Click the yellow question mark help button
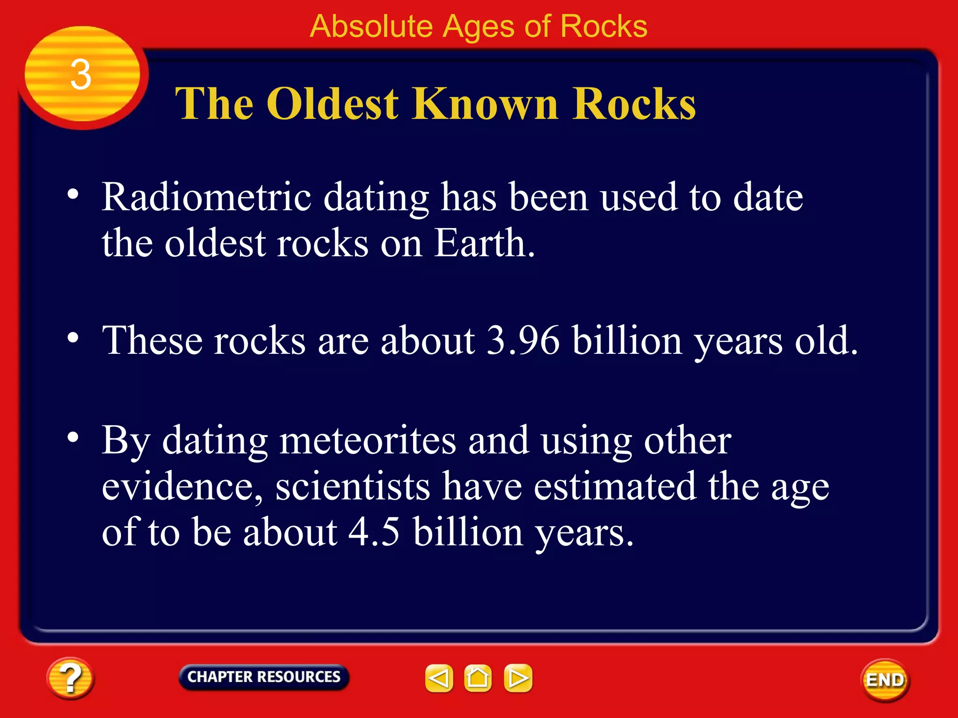[x=70, y=677]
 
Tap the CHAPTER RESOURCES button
[x=264, y=677]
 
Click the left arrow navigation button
[x=439, y=678]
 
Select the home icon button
[x=478, y=678]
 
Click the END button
[x=885, y=680]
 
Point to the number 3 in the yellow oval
[x=80, y=75]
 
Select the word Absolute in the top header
[x=371, y=26]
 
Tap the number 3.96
[x=523, y=340]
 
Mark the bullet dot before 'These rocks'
[x=73, y=337]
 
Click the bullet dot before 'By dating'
[x=73, y=438]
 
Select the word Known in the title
[x=486, y=104]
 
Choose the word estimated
[x=615, y=486]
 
